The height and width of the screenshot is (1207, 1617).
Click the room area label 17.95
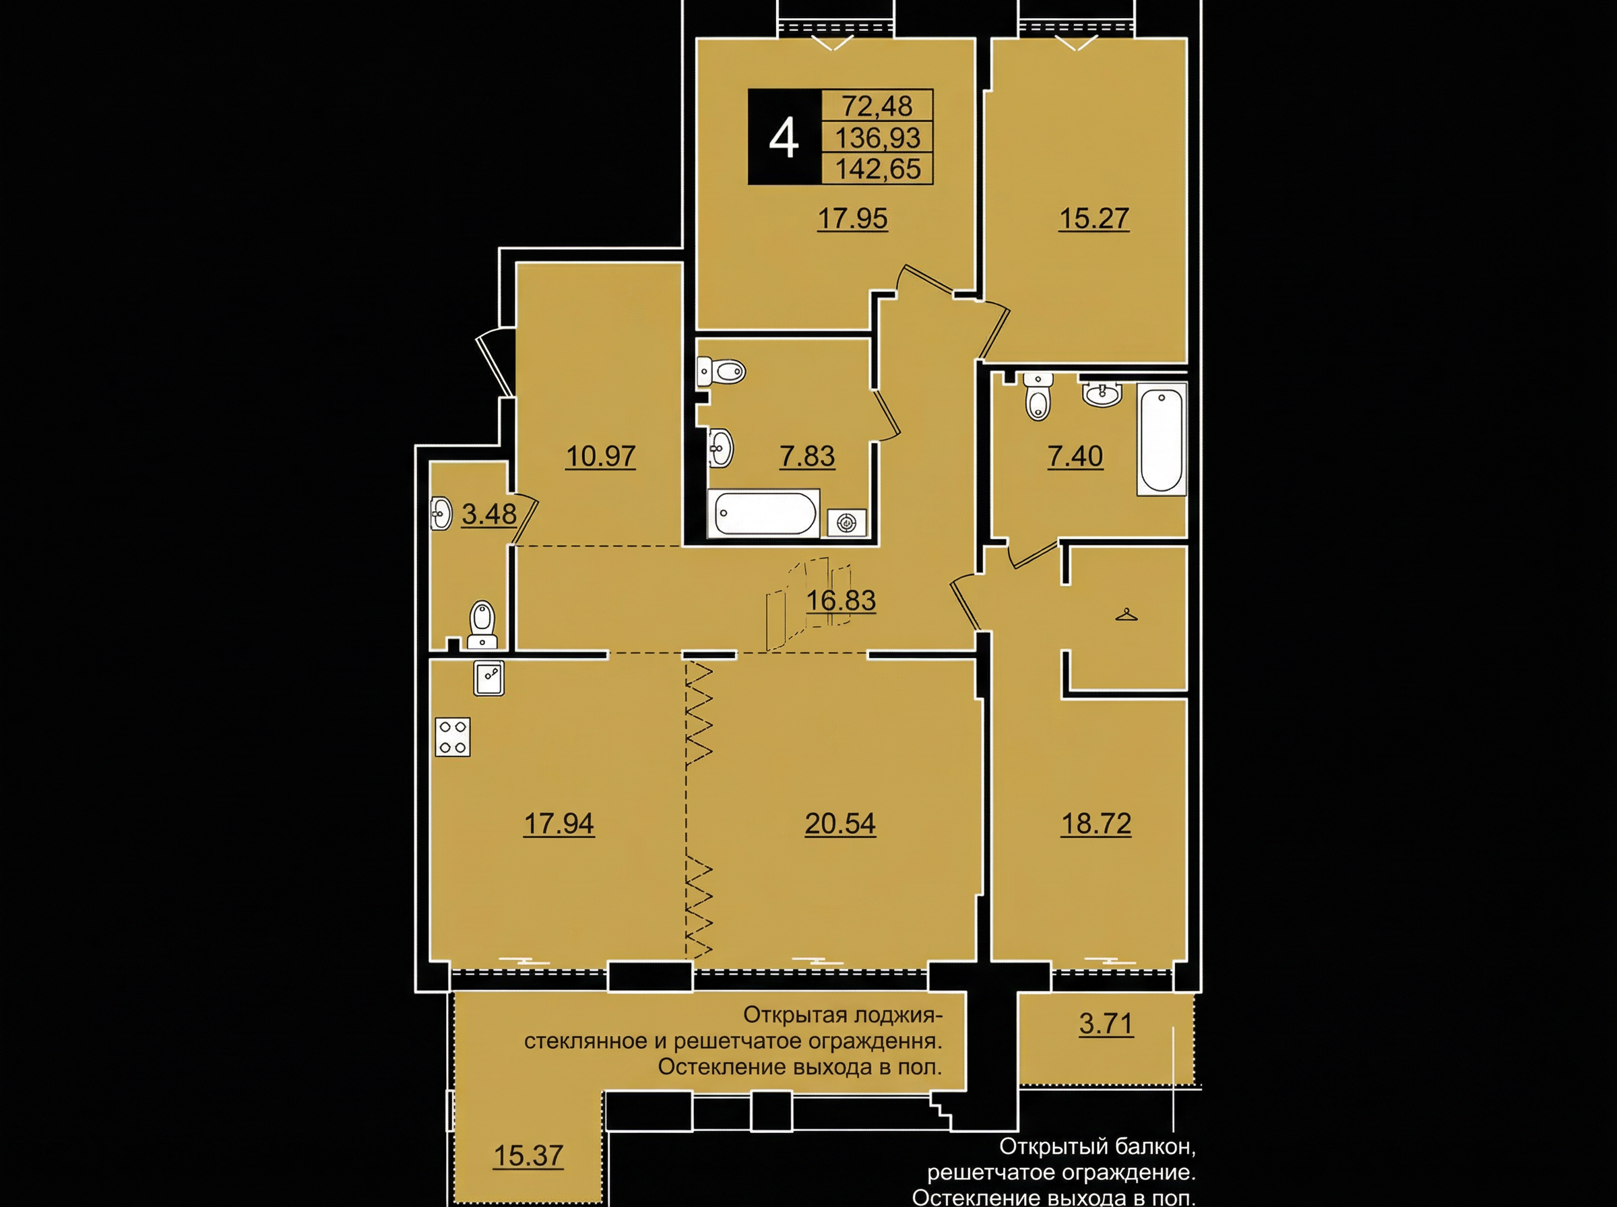pos(852,218)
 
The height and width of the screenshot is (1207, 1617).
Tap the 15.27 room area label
pos(1093,218)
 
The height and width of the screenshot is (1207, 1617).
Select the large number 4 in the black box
pos(784,139)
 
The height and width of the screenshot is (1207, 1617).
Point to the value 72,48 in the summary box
pos(877,106)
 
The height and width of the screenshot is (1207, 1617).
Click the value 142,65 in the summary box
pos(877,169)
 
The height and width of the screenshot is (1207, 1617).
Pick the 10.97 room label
pos(600,457)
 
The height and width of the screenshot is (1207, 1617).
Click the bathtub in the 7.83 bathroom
pos(763,514)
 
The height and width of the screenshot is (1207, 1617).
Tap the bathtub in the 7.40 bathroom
pos(1162,441)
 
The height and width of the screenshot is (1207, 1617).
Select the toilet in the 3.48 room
pos(482,624)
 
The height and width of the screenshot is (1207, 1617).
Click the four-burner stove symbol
pos(452,736)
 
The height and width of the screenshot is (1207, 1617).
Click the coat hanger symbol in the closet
pos(1126,615)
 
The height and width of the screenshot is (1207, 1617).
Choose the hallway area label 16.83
pos(840,601)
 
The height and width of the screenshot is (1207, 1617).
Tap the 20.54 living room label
pos(840,824)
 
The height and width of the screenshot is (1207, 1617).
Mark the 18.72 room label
pos(1096,824)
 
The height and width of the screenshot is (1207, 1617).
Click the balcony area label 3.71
pos(1106,1024)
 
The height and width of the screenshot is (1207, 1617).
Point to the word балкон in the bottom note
pos(1156,1146)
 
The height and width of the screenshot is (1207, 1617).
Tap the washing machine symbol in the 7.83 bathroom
pos(847,523)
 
